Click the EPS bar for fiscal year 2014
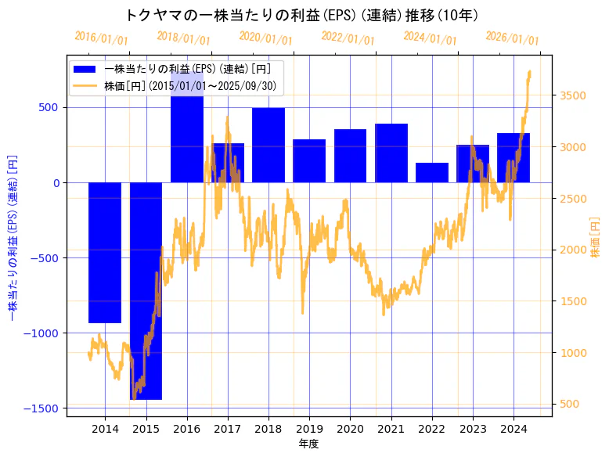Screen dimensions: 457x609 105,252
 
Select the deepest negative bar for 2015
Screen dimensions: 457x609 146,290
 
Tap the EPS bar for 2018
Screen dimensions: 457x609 268,145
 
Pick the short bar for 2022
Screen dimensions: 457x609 432,172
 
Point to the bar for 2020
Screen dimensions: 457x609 350,156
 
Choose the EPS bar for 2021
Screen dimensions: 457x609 391,153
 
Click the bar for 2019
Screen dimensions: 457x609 309,160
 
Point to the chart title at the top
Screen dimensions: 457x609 302,15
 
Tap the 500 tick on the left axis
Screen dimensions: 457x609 49,108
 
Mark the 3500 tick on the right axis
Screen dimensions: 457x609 568,95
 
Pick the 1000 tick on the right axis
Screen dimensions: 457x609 568,353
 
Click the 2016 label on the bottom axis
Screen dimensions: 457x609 186,429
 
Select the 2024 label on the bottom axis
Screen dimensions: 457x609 514,429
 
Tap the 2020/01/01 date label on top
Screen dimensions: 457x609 266,38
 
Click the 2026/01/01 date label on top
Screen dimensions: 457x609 513,38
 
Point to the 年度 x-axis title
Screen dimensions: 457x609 309,444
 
